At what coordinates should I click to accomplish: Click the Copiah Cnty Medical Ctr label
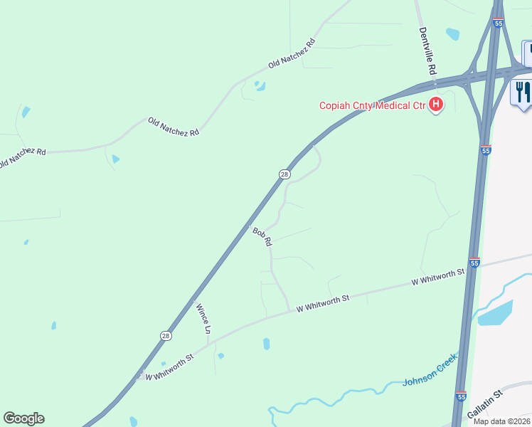[x=371, y=106]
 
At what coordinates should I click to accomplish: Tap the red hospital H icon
[x=436, y=106]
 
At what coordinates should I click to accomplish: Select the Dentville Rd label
[x=427, y=51]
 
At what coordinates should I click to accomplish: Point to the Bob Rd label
[x=262, y=236]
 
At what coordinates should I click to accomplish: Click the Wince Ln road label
[x=203, y=318]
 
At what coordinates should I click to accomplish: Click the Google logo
[x=23, y=418]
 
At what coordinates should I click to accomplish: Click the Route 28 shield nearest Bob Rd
[x=284, y=174]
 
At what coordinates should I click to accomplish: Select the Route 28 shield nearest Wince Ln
[x=165, y=336]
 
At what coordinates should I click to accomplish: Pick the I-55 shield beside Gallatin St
[x=461, y=396]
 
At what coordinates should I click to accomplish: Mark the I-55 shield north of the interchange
[x=498, y=23]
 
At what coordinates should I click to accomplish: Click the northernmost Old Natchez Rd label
[x=291, y=53]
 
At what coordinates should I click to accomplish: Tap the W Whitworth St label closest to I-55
[x=438, y=278]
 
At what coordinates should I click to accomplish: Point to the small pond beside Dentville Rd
[x=452, y=33]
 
